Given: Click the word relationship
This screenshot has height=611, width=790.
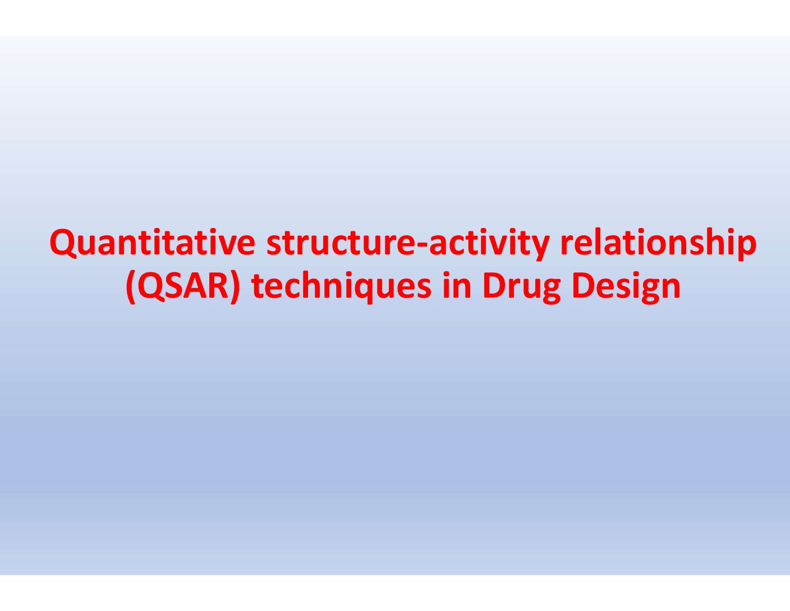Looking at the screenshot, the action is [x=658, y=244].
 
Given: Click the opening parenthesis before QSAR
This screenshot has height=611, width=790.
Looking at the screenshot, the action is [x=131, y=288].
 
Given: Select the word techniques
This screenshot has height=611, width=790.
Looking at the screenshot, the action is [x=342, y=287].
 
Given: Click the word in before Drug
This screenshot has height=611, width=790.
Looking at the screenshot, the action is [x=457, y=285].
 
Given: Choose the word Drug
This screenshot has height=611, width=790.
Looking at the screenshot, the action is [x=522, y=288].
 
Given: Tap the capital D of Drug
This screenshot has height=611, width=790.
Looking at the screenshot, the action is [x=495, y=285].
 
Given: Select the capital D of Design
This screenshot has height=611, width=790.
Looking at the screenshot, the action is [x=584, y=285].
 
